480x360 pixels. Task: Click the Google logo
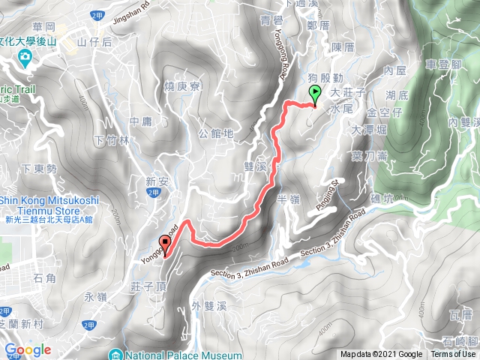pyautogui.click(x=27, y=349)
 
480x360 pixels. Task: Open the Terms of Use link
pyautogui.click(x=453, y=355)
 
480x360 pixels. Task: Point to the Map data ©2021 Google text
pyautogui.click(x=380, y=355)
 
